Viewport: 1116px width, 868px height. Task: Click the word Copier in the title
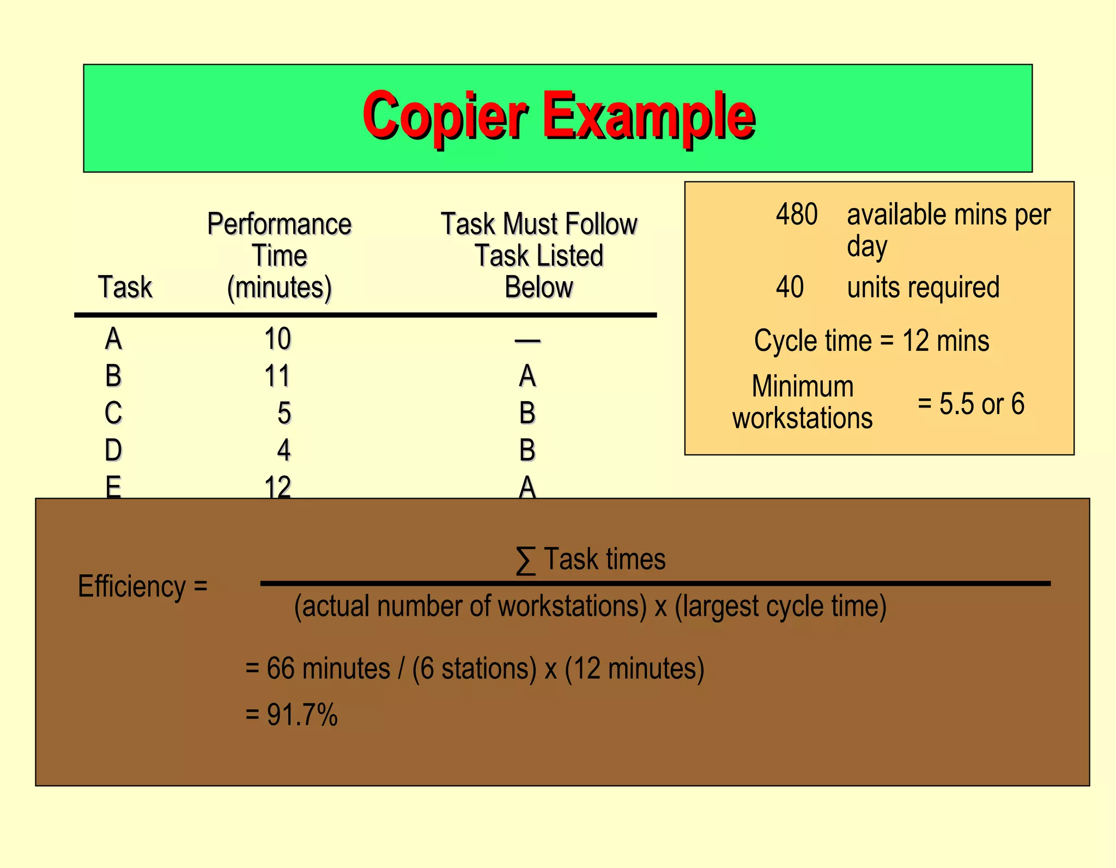(x=445, y=116)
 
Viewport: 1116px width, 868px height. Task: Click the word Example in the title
(x=648, y=116)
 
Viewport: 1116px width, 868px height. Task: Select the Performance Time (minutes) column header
(x=279, y=256)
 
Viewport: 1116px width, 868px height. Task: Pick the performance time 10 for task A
(x=277, y=339)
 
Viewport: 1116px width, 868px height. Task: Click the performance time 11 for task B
(x=277, y=376)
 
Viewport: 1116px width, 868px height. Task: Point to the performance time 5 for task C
(x=284, y=413)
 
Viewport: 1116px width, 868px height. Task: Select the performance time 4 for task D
(x=284, y=450)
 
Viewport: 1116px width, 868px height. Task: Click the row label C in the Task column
(x=113, y=413)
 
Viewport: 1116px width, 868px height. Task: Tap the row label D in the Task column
(x=113, y=450)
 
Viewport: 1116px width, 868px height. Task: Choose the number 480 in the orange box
(x=797, y=214)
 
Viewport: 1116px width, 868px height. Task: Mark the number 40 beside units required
(x=790, y=287)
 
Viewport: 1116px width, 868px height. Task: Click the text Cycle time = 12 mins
(x=871, y=341)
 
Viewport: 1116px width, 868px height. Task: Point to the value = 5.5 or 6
(x=971, y=404)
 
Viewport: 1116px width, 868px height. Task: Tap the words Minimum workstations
(x=803, y=402)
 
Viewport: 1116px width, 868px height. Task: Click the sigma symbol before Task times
(x=525, y=560)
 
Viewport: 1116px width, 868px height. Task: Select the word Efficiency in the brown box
(x=132, y=586)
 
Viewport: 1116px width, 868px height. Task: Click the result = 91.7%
(x=292, y=714)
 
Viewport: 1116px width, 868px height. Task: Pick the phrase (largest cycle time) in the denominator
(x=780, y=606)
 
